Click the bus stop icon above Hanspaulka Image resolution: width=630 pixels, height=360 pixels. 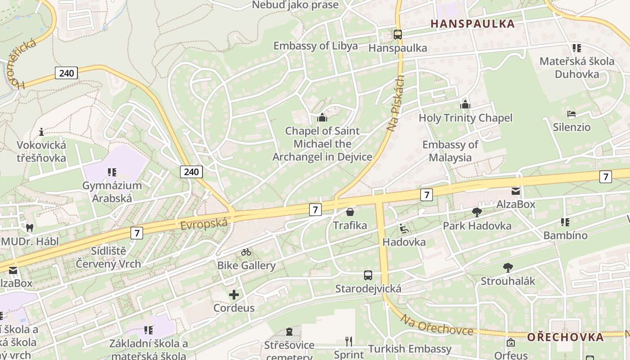[x=397, y=34]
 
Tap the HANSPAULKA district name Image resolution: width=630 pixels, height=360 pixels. [x=472, y=24]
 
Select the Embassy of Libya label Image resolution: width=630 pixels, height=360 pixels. [x=315, y=46]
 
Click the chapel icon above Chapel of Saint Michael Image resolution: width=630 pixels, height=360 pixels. [x=322, y=118]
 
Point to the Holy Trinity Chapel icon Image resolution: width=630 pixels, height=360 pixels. [x=465, y=105]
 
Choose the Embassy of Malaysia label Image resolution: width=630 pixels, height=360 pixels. [x=450, y=151]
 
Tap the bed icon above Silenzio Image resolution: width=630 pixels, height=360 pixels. [x=571, y=114]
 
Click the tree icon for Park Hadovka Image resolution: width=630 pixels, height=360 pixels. [x=477, y=212]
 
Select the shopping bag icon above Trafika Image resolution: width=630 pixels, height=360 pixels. [x=350, y=211]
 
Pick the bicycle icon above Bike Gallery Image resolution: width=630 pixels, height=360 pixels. [x=246, y=252]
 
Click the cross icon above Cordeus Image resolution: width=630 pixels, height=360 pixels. [x=234, y=295]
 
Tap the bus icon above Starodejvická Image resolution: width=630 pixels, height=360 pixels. [x=368, y=275]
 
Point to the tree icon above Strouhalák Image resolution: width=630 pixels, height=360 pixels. [x=508, y=268]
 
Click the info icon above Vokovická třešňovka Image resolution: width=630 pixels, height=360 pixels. [x=41, y=132]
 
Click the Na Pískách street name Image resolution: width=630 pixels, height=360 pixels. [x=396, y=103]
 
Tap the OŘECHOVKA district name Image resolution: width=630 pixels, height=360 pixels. [x=565, y=337]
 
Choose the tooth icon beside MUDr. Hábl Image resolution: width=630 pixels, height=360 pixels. [x=30, y=228]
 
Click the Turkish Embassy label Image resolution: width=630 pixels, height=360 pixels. [x=409, y=349]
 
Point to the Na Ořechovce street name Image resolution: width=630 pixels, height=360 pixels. [x=436, y=325]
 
